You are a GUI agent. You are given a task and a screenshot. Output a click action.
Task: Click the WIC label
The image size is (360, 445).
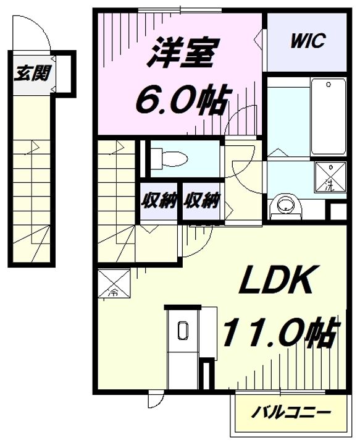tap(308, 41)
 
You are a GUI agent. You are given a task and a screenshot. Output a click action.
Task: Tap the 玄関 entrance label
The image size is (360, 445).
tap(32, 73)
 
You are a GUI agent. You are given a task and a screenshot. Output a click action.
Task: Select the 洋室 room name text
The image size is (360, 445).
tap(183, 53)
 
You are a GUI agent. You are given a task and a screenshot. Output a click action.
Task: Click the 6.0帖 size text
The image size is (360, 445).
tap(183, 99)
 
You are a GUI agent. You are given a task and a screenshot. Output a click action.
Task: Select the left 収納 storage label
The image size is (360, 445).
tap(159, 200)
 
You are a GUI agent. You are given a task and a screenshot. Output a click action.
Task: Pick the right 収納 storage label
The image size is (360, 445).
tap(201, 200)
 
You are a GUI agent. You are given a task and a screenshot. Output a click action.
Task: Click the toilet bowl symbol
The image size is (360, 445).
tap(170, 159)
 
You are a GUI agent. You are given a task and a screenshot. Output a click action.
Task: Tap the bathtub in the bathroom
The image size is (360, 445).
tap(329, 116)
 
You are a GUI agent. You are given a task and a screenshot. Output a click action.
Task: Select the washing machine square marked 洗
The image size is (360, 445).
tap(330, 177)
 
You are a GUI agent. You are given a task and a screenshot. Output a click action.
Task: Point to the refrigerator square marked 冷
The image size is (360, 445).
tap(114, 284)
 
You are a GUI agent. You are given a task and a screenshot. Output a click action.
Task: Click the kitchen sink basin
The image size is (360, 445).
tap(183, 331)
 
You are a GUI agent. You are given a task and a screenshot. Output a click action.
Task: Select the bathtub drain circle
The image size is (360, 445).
tap(329, 84)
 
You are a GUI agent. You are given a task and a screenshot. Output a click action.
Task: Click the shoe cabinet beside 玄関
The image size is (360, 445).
tap(65, 74)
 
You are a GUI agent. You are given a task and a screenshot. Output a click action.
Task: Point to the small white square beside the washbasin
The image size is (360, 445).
tap(338, 211)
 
